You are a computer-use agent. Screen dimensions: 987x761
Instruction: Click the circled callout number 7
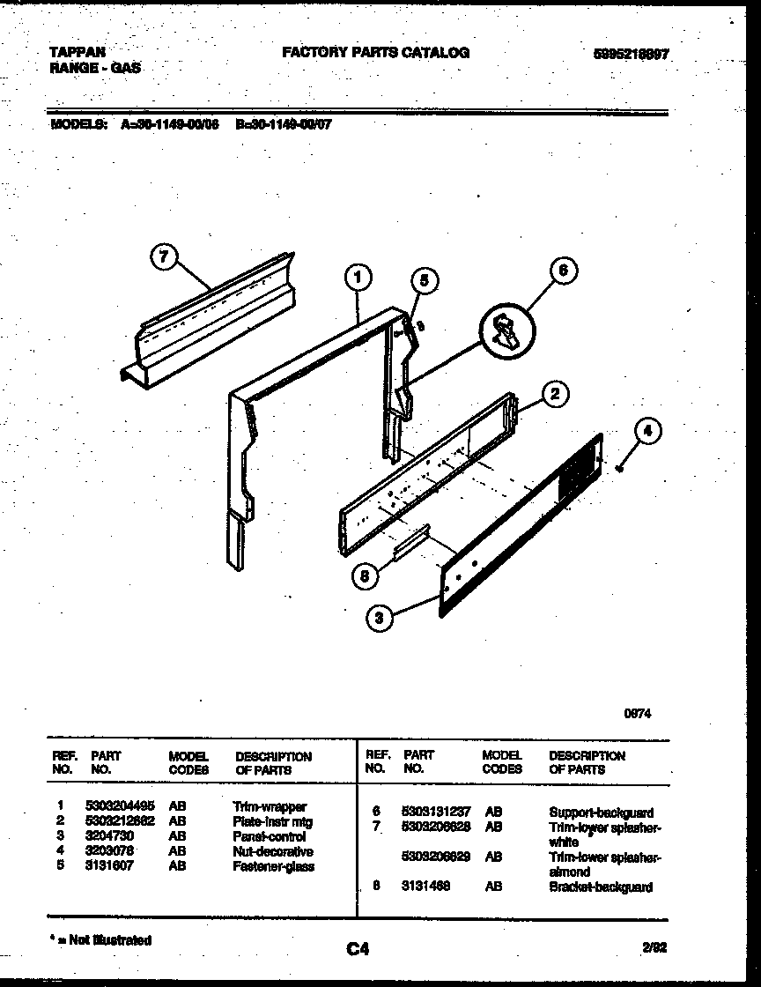pyautogui.click(x=162, y=256)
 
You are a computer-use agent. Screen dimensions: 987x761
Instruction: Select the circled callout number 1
pyautogui.click(x=358, y=278)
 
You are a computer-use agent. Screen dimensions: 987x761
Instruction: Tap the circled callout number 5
pyautogui.click(x=424, y=281)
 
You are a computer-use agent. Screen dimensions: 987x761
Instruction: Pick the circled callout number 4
pyautogui.click(x=647, y=432)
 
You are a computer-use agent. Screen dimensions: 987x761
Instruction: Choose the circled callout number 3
pyautogui.click(x=380, y=619)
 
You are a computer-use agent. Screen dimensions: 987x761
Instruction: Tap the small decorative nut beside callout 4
pyautogui.click(x=621, y=468)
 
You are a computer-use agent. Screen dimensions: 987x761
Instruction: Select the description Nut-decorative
pyautogui.click(x=273, y=851)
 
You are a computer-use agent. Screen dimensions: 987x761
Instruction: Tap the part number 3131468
pyautogui.click(x=425, y=887)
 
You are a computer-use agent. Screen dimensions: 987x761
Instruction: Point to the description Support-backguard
pyautogui.click(x=601, y=813)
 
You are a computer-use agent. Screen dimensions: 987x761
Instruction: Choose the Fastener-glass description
pyautogui.click(x=273, y=866)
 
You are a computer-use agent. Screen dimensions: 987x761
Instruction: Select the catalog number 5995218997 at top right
pyautogui.click(x=632, y=54)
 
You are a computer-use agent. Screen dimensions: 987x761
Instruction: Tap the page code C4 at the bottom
pyautogui.click(x=357, y=949)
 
